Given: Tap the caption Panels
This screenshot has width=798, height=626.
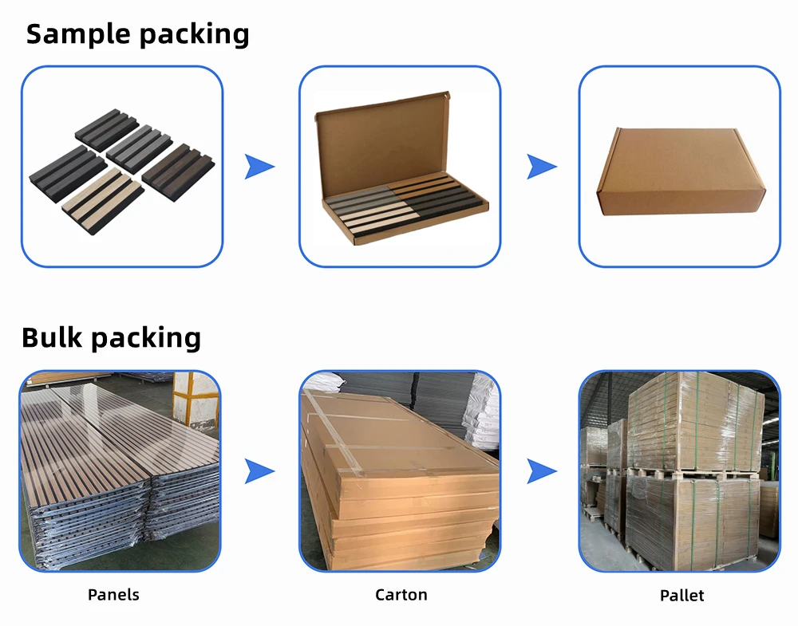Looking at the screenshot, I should tap(113, 594).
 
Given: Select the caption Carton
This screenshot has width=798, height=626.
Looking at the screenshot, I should tap(401, 594).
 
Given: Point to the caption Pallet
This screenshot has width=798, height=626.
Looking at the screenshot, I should tap(681, 595).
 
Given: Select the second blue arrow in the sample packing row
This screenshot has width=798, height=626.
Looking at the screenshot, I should tap(541, 167).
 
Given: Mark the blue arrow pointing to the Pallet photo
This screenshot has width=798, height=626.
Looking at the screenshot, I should tap(541, 471).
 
